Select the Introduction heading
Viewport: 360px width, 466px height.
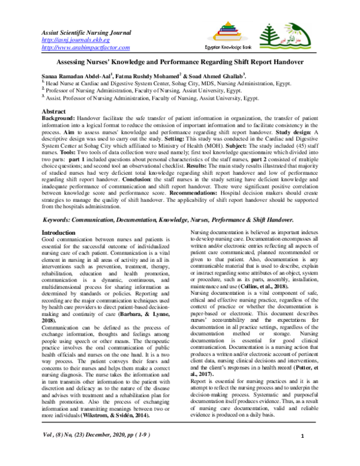pyautogui.click(x=62, y=231)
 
